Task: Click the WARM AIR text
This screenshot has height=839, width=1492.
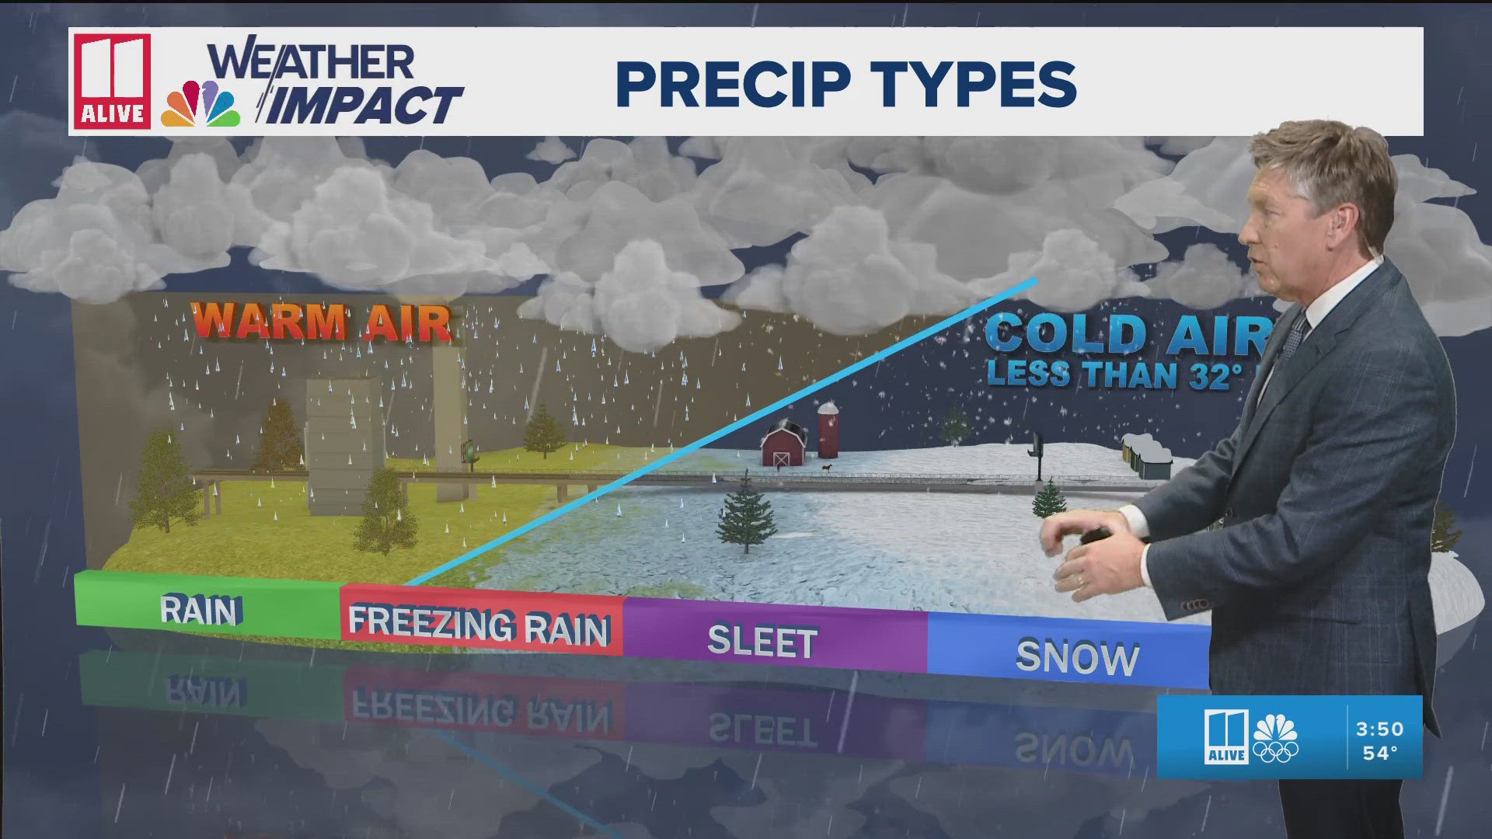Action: (x=321, y=321)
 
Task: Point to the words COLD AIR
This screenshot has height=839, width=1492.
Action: (x=1127, y=334)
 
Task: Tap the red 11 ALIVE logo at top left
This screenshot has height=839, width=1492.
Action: (x=112, y=81)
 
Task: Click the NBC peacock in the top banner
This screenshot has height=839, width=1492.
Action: (x=200, y=105)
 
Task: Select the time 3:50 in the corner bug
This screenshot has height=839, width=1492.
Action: (x=1379, y=729)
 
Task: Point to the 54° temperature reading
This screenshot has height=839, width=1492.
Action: (x=1380, y=753)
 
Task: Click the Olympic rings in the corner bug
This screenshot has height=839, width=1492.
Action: (x=1275, y=751)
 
